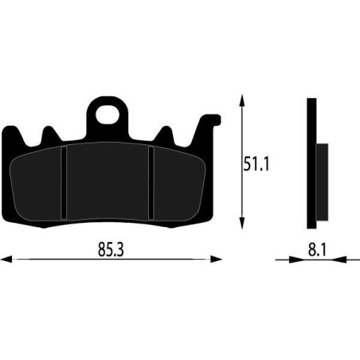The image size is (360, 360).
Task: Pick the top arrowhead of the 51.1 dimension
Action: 241,100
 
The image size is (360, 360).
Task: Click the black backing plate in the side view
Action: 311,163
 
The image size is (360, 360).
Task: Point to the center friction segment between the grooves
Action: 107,183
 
